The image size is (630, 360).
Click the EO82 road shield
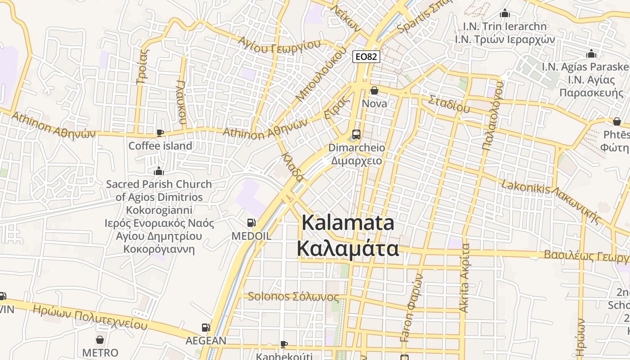(366, 57)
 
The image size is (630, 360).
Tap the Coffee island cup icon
(160, 133)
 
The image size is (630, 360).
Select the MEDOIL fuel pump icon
(252, 222)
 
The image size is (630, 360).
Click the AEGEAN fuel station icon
(206, 328)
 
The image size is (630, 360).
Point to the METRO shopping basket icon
(100, 340)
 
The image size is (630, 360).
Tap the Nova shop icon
(374, 91)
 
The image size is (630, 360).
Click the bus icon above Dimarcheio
(356, 134)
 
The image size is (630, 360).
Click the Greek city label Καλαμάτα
(348, 248)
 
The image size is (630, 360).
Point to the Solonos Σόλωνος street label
(293, 297)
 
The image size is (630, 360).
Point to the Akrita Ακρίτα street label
(464, 278)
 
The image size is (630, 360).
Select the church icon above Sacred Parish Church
(158, 171)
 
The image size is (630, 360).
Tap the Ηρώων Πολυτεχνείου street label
(90, 316)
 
